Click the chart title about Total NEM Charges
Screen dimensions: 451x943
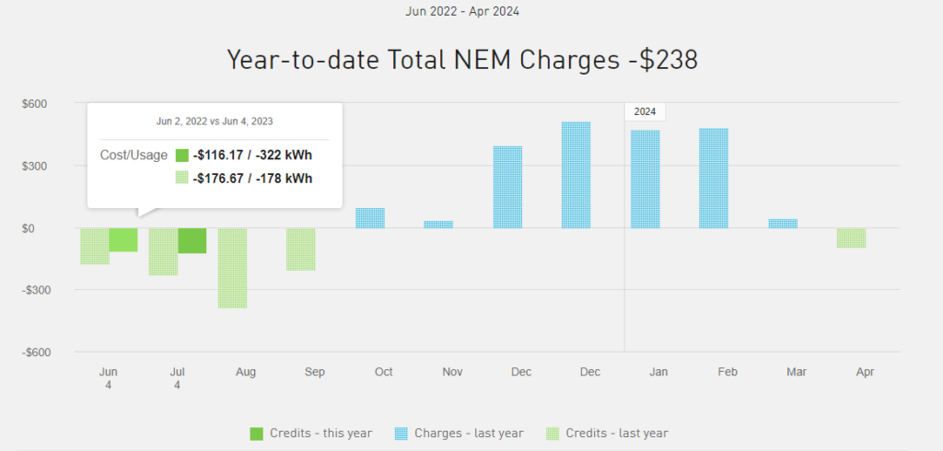(x=462, y=60)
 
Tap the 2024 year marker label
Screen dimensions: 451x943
(x=645, y=111)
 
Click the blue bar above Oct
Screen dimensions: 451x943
(x=369, y=218)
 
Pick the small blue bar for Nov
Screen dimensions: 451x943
(x=438, y=224)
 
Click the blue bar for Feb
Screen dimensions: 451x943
(x=714, y=178)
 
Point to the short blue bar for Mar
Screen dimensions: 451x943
(x=783, y=223)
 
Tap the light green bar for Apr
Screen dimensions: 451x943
(x=851, y=237)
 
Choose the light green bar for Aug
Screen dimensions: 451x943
(x=232, y=268)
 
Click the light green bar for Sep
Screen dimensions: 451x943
(x=301, y=249)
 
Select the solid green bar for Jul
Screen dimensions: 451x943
(x=192, y=240)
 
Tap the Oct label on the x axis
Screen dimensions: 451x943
(x=384, y=372)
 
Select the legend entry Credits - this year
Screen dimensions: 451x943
(x=310, y=434)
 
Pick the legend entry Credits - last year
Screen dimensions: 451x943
(x=607, y=434)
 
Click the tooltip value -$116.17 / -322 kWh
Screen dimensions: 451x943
(x=252, y=156)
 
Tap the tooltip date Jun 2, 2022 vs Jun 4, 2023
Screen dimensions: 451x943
(x=215, y=121)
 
